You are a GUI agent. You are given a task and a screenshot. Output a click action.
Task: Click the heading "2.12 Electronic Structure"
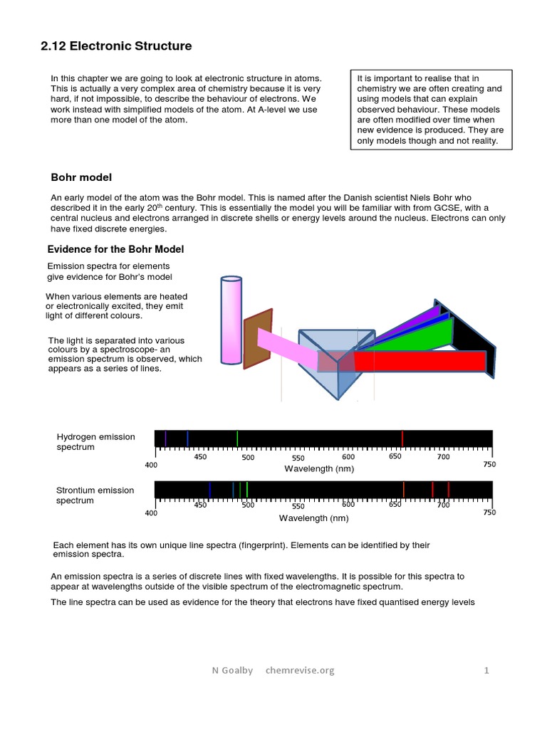coord(115,46)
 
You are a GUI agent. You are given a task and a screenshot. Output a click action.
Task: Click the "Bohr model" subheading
coord(81,177)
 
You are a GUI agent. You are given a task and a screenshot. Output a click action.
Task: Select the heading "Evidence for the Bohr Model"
coord(115,248)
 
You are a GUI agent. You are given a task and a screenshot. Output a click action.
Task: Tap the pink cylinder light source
coord(231,320)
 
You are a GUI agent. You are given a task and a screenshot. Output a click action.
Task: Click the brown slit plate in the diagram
coord(257,339)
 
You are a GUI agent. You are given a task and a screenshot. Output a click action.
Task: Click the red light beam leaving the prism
coord(420,361)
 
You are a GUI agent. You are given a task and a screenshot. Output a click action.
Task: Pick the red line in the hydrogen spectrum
coord(402,439)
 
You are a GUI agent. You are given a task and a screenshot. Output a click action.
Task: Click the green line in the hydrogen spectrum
coord(237,439)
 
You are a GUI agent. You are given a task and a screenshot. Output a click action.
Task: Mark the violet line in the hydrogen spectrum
coord(165,439)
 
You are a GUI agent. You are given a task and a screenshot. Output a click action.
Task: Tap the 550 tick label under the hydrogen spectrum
coord(298,458)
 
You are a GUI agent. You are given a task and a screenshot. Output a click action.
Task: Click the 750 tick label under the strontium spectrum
coord(489,513)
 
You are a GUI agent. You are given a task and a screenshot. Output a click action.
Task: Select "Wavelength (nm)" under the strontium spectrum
coord(313,518)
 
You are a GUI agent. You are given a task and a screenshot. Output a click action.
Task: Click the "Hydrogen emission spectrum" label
coord(95,442)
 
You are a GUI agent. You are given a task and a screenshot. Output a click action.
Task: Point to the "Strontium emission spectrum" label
coord(95,495)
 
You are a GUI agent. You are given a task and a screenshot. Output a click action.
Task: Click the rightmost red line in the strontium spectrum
coord(448,489)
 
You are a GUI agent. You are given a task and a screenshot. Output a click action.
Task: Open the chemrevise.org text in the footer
coord(299,670)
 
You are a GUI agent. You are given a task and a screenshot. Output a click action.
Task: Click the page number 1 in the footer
coord(486,670)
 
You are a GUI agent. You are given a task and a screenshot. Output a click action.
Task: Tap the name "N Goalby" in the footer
coord(232,670)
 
